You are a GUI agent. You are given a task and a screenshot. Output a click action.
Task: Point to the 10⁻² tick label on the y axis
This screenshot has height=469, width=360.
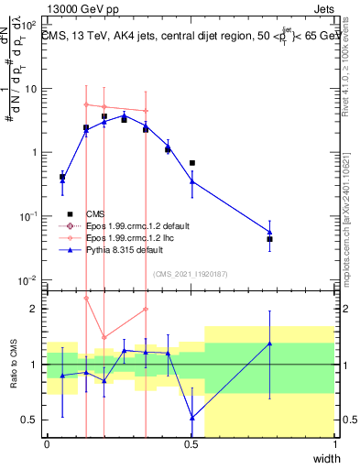(30, 279)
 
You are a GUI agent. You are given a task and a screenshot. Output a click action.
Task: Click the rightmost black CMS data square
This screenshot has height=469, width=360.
(269, 239)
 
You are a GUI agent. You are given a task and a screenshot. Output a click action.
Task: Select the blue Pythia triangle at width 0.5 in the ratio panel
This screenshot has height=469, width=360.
(191, 417)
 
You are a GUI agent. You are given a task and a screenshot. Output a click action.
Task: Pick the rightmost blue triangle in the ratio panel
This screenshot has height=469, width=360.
(269, 344)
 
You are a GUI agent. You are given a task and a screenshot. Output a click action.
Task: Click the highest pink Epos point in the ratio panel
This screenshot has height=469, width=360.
(86, 298)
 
